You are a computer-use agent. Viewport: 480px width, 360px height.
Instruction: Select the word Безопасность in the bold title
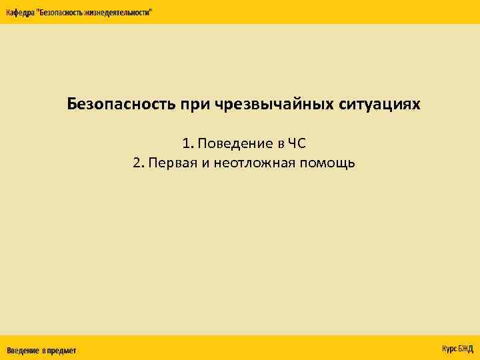click(121, 105)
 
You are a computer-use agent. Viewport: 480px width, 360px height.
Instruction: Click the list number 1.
click(187, 143)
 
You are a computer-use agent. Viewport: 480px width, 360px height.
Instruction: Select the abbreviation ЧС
click(297, 143)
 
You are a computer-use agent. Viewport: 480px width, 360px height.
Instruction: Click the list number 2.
click(138, 163)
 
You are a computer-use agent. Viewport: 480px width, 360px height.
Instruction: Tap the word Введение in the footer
click(23, 351)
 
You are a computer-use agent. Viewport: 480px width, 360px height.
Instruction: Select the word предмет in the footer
click(61, 351)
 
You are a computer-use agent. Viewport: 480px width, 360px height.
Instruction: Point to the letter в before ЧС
click(282, 143)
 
